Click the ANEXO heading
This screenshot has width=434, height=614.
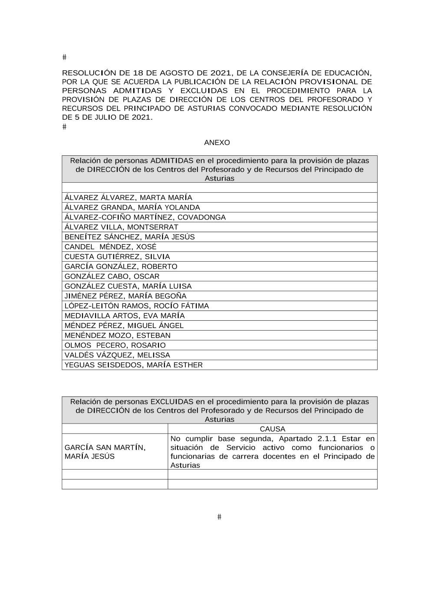pos(217,142)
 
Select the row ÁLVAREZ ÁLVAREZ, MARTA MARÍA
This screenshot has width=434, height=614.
pos(128,197)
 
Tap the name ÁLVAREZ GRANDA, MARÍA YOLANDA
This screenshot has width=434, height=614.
pos(132,207)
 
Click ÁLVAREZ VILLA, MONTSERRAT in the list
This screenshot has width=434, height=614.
pos(121,227)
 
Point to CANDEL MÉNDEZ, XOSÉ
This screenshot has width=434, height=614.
pos(110,246)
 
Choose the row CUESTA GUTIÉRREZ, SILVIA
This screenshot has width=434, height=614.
pos(117,256)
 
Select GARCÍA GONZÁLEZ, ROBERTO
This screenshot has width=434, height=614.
pos(121,266)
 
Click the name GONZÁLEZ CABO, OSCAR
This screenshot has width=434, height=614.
pos(112,276)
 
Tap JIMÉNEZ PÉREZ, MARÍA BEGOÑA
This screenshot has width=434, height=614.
pos(125,296)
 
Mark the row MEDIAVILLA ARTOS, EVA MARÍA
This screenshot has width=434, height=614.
pos(125,315)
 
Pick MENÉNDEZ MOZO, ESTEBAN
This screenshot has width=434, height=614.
pos(117,335)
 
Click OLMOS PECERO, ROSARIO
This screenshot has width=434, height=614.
pos(115,345)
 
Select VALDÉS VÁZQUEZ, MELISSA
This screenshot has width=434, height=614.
pos(117,355)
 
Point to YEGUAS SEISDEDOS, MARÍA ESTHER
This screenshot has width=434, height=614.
pos(133,365)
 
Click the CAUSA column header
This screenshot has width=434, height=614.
pos(272,429)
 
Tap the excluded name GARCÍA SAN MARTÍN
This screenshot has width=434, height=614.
pos(105,447)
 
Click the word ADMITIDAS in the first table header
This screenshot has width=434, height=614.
pos(172,161)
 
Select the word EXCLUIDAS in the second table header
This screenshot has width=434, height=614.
pos(172,401)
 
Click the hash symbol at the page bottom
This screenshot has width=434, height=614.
pos(219,517)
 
